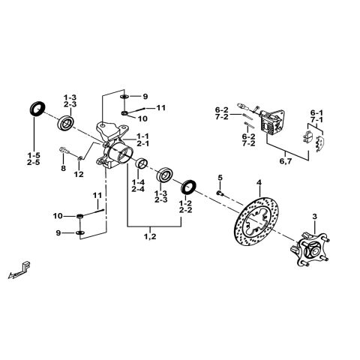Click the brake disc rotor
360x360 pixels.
click(259, 226)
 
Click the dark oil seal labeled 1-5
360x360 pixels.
click(34, 109)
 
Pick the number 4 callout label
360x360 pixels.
click(258, 183)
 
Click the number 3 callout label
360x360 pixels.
click(314, 217)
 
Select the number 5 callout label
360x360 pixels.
click(220, 178)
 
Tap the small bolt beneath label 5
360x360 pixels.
click(219, 193)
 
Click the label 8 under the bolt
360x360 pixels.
click(64, 169)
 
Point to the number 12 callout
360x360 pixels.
click(79, 174)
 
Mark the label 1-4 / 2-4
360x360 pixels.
click(138, 185)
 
